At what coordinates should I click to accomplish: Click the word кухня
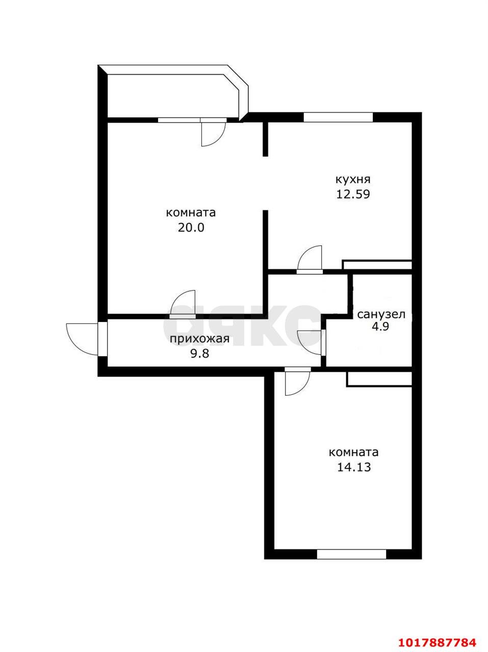(353, 180)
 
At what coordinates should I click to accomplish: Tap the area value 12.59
(353, 194)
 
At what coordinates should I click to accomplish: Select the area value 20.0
(191, 228)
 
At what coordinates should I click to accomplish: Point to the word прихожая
(199, 339)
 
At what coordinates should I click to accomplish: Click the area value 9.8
(200, 354)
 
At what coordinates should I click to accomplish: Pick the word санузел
(381, 314)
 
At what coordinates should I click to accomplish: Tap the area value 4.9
(381, 327)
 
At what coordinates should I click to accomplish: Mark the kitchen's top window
(338, 117)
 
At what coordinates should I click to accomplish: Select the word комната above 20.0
(191, 213)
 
